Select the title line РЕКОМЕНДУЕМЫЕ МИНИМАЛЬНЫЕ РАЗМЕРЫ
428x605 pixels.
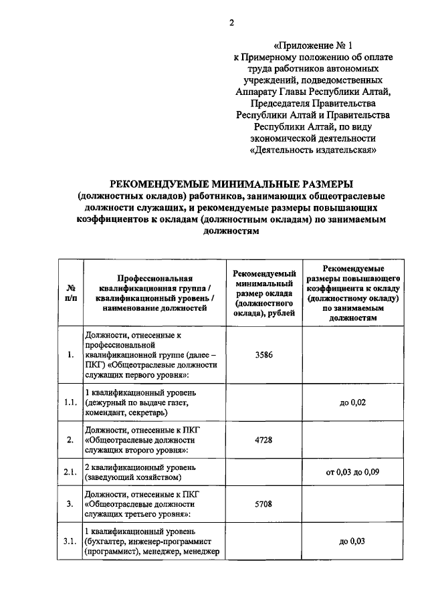(x=231, y=184)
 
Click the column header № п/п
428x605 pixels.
(x=70, y=293)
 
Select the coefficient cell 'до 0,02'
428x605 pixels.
(x=352, y=402)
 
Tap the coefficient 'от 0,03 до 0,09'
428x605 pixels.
(x=352, y=472)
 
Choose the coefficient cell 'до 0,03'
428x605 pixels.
(x=352, y=541)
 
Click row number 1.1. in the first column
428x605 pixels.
(x=70, y=402)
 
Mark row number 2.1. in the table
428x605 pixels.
(x=70, y=472)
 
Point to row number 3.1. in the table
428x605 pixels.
(x=70, y=541)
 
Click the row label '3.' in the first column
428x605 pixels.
(x=70, y=503)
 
